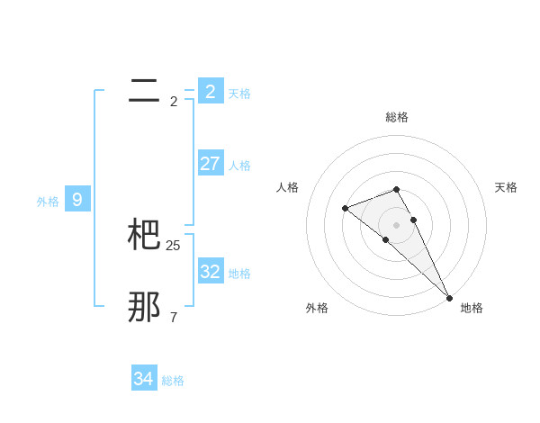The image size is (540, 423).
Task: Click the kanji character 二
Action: point(144,91)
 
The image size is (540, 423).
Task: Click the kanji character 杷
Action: point(145,235)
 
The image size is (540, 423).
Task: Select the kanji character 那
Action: point(145,307)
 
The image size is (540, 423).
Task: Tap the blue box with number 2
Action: point(211,91)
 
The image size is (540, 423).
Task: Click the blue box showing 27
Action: point(211,163)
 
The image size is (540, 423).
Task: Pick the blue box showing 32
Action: point(211,271)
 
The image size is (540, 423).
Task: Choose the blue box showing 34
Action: point(144,379)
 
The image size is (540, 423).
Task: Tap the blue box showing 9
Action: point(77,200)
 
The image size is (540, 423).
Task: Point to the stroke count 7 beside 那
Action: point(174,318)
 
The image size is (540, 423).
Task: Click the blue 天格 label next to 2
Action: point(239,93)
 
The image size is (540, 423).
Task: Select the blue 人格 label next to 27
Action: point(239,166)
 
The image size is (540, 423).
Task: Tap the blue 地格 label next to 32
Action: point(239,274)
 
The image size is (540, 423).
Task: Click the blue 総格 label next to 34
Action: point(173,382)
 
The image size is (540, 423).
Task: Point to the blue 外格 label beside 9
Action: point(48,202)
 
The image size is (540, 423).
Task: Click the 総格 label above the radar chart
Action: point(397,117)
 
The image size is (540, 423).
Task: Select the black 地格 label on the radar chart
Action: point(472,308)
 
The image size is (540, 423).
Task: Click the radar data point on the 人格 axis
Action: point(345,209)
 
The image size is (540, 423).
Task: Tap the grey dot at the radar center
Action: point(397,225)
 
